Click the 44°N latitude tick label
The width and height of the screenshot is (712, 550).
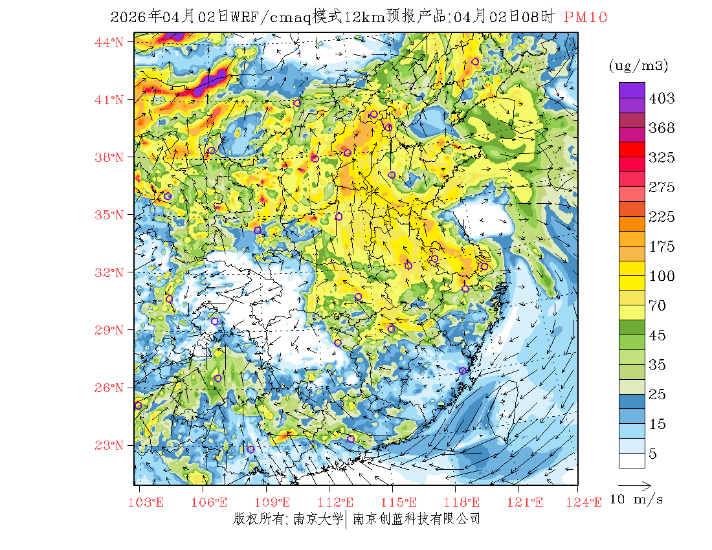pos(109,43)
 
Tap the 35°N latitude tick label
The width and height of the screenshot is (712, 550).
pos(109,215)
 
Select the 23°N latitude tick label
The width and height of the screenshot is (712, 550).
pos(109,445)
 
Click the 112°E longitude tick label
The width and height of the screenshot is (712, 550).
pos(339,502)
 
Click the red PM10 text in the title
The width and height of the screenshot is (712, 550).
pos(585,17)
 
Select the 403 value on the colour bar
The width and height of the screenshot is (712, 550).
pos(662,98)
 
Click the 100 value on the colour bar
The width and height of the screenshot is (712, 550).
pos(662,276)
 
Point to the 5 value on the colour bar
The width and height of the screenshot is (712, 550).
pos(652,454)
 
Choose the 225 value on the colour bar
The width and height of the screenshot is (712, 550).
pos(662,217)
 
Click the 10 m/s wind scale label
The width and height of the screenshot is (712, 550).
pos(637,500)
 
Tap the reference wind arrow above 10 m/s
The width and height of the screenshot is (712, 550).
pos(634,484)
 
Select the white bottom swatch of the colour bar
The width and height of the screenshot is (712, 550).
pos(632,460)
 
